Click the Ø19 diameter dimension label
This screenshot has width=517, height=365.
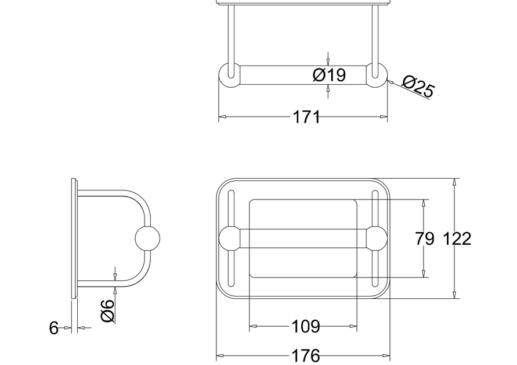tap(329, 75)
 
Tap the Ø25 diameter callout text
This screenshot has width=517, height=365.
tap(418, 86)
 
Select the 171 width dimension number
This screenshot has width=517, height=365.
tap(306, 117)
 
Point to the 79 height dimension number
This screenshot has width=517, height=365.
tap(424, 238)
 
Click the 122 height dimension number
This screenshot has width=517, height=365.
tap(457, 238)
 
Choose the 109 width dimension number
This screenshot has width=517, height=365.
tap(306, 327)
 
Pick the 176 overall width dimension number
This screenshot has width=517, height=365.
tap(306, 356)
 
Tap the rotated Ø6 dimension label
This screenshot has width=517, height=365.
tap(108, 310)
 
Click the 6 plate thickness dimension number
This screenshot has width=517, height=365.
tap(54, 328)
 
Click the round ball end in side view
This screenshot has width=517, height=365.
tap(148, 238)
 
